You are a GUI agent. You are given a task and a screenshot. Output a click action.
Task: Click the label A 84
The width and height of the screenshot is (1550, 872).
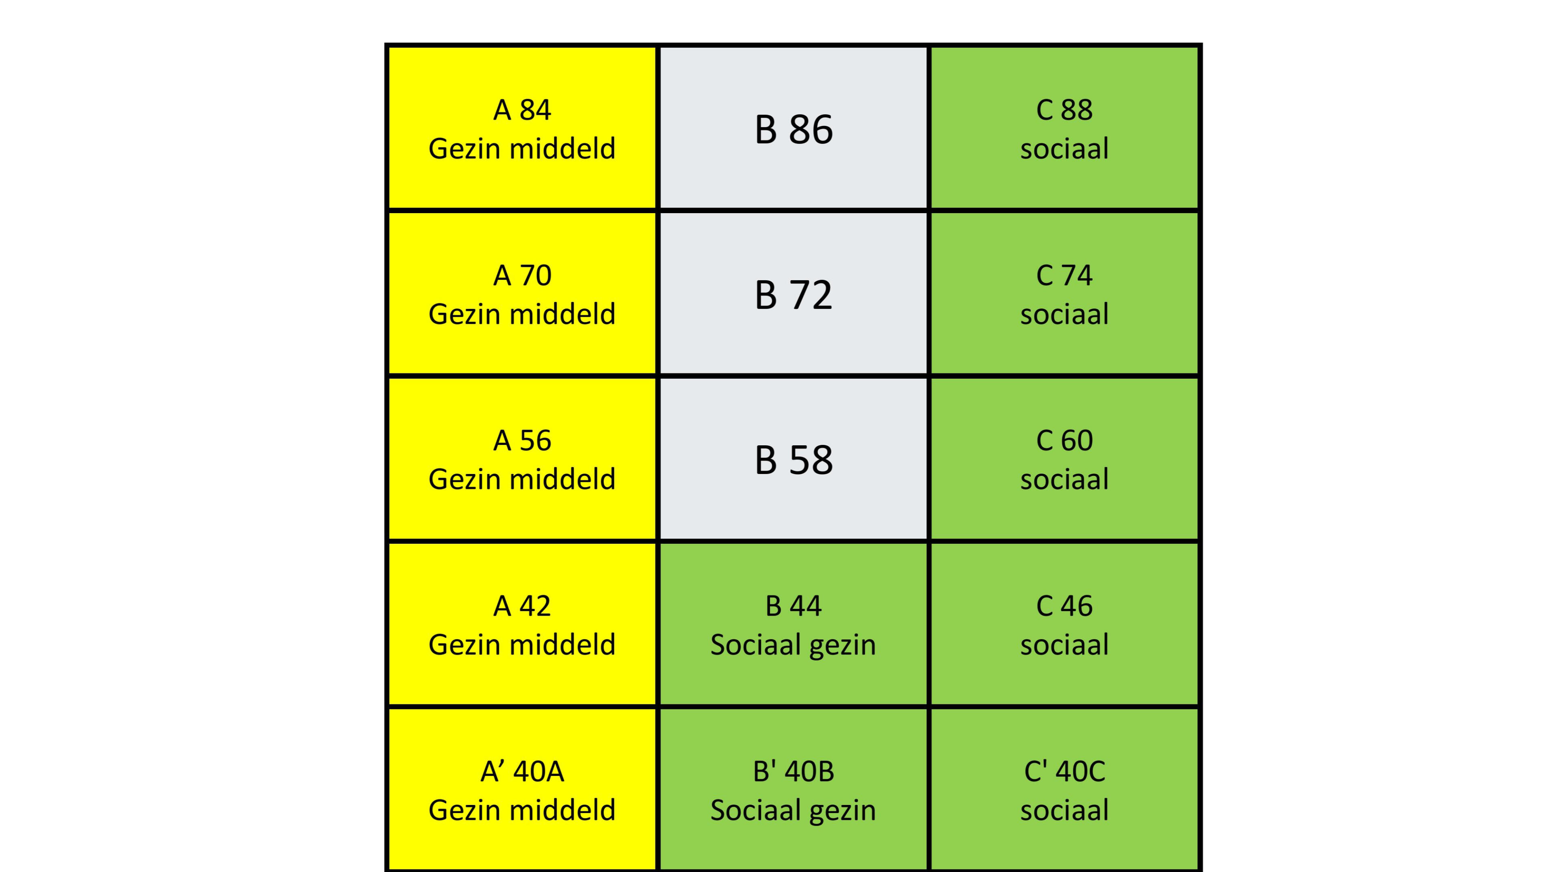(x=522, y=110)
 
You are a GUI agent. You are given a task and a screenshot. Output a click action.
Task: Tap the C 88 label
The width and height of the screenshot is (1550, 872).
(x=1064, y=110)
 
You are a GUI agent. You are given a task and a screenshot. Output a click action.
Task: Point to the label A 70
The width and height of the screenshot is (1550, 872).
(x=522, y=276)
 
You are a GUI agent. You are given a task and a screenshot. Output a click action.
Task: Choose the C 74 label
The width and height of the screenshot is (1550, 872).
(x=1064, y=276)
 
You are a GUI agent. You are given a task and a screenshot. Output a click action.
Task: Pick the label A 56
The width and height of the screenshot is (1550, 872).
(x=522, y=440)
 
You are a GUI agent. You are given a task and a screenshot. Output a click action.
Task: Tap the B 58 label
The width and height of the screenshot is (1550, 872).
(x=793, y=460)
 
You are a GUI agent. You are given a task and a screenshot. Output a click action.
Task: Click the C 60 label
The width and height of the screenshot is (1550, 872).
(x=1064, y=440)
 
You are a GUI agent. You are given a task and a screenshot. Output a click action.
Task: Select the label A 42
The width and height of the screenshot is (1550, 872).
(x=522, y=606)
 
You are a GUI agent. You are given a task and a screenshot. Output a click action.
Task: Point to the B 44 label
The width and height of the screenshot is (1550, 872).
(x=793, y=606)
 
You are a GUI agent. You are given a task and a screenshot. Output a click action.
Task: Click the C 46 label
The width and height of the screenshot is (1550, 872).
(x=1064, y=606)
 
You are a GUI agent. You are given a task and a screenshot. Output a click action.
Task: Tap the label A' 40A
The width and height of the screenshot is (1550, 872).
(x=522, y=771)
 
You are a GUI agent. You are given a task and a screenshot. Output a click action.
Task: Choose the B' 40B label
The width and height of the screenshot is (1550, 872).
(x=793, y=771)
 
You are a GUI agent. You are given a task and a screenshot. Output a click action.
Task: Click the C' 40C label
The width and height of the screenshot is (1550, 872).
(x=1064, y=771)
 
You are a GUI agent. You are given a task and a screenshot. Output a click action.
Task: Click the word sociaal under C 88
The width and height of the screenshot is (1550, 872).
(x=1064, y=149)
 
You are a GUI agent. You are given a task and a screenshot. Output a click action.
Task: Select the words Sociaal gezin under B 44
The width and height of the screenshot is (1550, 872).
(x=793, y=645)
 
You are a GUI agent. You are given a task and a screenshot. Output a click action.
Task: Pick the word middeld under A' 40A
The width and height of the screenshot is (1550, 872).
(x=563, y=810)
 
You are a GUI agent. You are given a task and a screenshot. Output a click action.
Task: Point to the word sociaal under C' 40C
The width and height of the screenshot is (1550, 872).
(x=1064, y=810)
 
